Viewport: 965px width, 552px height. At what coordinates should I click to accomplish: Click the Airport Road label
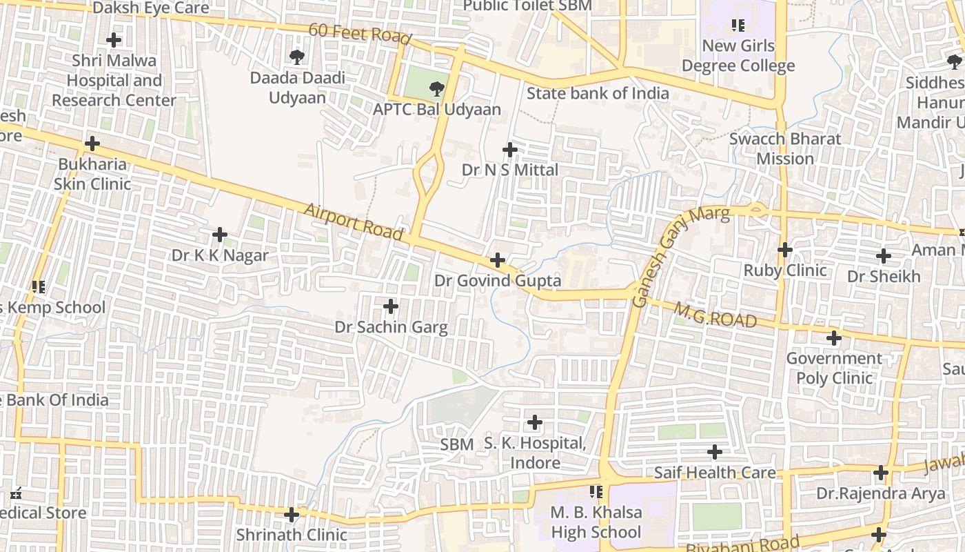point(352,221)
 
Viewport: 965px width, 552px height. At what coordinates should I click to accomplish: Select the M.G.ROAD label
point(715,316)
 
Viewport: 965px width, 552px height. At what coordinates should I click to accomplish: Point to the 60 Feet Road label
point(359,33)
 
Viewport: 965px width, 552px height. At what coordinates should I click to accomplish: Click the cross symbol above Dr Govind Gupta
point(497,260)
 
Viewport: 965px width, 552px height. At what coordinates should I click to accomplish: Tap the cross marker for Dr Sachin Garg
point(391,306)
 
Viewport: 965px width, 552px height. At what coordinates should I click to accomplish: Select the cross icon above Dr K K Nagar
point(220,235)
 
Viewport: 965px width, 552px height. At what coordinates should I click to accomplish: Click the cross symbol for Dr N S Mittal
point(510,149)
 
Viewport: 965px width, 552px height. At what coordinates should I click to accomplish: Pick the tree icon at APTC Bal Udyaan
point(436,88)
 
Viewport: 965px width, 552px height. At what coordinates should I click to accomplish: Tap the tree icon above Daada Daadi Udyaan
point(297,56)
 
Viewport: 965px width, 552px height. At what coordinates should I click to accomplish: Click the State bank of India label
point(598,93)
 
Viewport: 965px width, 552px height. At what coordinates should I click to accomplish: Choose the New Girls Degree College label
point(738,56)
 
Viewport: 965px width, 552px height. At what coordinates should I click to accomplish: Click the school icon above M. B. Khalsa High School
point(596,492)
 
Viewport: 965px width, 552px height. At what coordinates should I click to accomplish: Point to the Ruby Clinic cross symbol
point(784,249)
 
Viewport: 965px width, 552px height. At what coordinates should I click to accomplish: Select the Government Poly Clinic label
point(834,368)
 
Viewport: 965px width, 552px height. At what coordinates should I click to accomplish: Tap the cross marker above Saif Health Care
point(715,452)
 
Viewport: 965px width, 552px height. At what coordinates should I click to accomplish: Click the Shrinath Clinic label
point(292,535)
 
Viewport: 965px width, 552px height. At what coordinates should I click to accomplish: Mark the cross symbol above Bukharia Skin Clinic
point(92,144)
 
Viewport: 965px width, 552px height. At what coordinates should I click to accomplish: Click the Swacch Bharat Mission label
point(785,148)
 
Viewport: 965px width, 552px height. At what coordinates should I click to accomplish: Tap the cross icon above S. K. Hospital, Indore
point(534,422)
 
